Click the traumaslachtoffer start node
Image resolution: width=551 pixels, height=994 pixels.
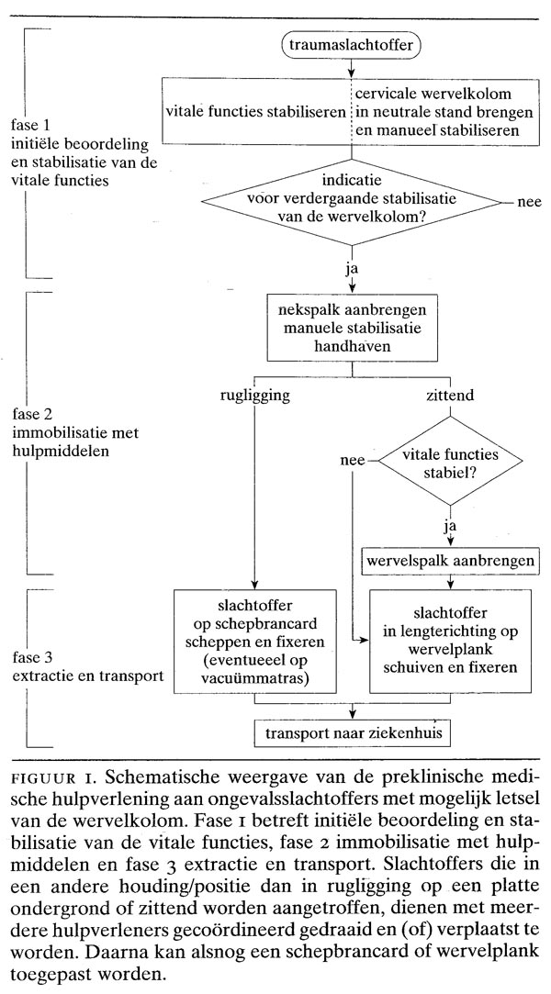pyautogui.click(x=351, y=45)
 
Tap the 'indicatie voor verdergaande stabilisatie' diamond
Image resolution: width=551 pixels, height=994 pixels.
pyautogui.click(x=351, y=202)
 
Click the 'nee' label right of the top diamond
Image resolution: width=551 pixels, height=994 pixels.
pyautogui.click(x=529, y=202)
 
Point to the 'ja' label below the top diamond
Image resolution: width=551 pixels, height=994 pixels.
pyautogui.click(x=351, y=268)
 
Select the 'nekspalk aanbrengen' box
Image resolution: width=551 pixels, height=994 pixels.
pyautogui.click(x=353, y=328)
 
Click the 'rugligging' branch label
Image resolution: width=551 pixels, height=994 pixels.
pyautogui.click(x=253, y=396)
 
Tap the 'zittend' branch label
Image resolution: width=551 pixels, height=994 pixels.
pyautogui.click(x=450, y=396)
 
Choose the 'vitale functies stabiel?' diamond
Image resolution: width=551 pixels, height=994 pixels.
pyautogui.click(x=451, y=461)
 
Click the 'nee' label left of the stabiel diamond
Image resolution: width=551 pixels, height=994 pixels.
pyautogui.click(x=354, y=461)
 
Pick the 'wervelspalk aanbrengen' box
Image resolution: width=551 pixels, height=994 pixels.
pyautogui.click(x=450, y=561)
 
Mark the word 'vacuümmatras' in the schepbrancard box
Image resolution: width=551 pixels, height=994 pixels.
pyautogui.click(x=255, y=679)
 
